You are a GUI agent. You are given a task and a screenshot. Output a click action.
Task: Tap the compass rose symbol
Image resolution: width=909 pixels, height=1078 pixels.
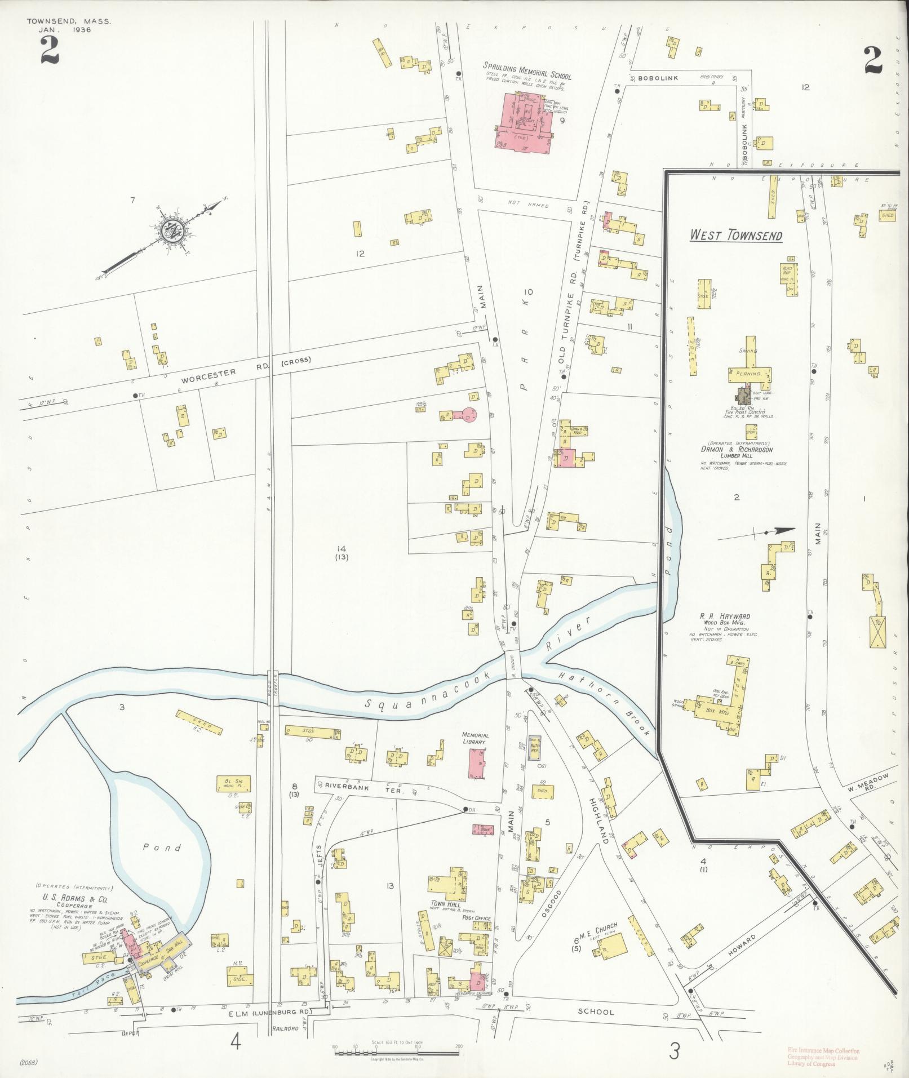click(x=170, y=230)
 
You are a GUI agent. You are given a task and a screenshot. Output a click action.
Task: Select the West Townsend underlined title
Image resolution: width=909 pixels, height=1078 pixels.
click(x=736, y=235)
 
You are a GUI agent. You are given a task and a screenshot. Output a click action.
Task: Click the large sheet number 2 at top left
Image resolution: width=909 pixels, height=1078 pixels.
click(x=50, y=51)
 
